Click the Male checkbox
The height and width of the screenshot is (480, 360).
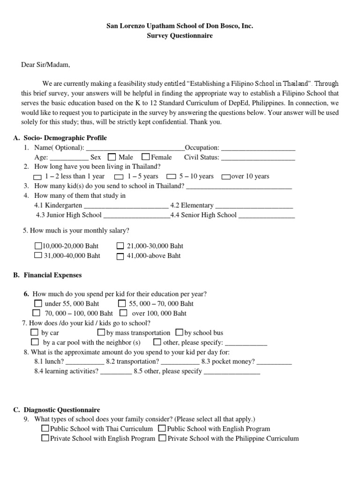112,157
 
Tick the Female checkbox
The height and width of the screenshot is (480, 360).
145,157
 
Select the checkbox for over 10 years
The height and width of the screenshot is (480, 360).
225,177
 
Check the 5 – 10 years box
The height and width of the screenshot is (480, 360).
172,177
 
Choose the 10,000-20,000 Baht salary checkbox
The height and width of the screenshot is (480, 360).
38,246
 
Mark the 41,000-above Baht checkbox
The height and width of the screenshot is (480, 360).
120,256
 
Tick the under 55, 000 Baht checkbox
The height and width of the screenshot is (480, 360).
38,303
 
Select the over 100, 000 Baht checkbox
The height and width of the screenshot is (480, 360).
123,313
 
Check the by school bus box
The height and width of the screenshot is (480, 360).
179,333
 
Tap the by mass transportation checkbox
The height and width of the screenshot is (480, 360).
101,333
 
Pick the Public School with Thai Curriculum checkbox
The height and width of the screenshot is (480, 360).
45,428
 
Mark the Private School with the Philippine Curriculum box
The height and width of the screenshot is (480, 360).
162,438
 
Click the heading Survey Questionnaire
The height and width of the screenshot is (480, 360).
180,36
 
